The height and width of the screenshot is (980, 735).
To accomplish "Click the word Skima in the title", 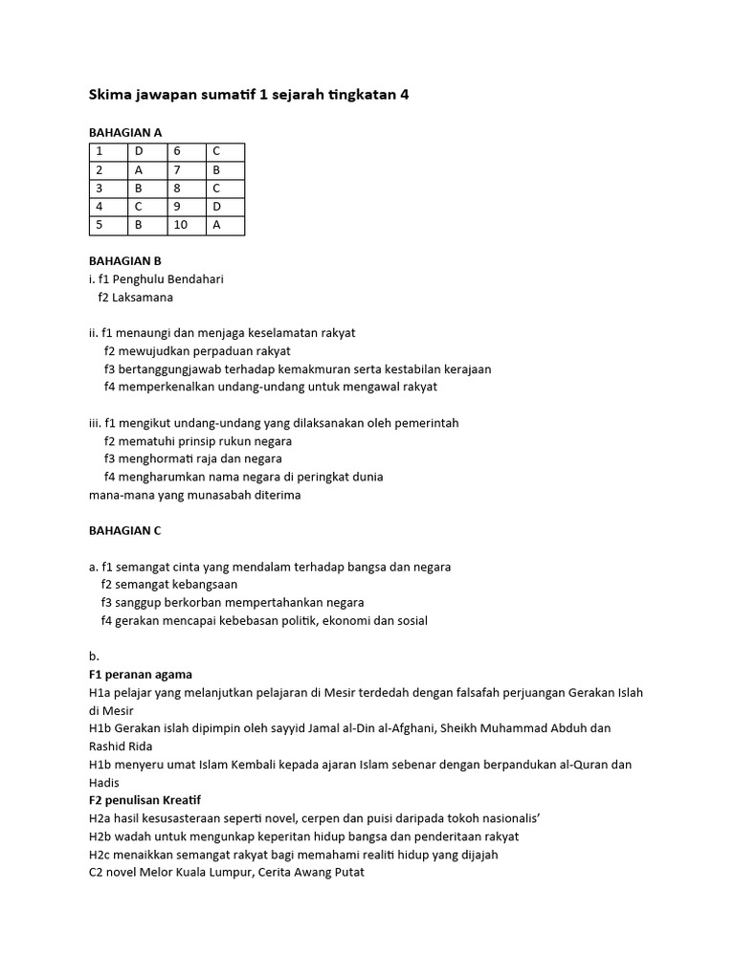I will click(109, 95).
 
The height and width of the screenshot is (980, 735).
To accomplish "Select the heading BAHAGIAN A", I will click(125, 133).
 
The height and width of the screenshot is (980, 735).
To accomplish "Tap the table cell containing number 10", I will click(185, 225).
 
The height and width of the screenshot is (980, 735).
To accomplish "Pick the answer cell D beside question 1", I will click(146, 151).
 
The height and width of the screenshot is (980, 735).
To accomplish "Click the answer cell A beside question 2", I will click(146, 170).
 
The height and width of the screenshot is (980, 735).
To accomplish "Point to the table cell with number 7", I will click(185, 170).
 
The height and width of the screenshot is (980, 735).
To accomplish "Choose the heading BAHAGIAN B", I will click(125, 260).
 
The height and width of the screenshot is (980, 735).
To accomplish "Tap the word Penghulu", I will click(140, 279).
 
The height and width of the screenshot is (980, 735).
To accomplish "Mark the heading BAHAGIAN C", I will click(125, 530).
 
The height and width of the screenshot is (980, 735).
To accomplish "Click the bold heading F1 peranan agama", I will click(140, 674).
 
